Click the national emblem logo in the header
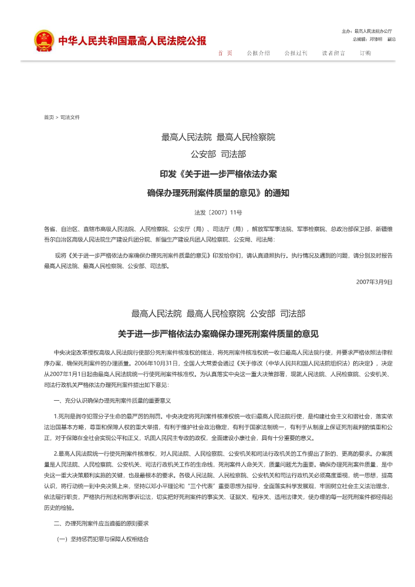click(x=43, y=41)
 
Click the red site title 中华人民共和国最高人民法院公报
click(x=132, y=41)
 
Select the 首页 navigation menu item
click(x=225, y=53)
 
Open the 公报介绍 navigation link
click(x=258, y=53)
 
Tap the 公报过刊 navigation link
click(x=296, y=53)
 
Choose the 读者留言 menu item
click(x=333, y=53)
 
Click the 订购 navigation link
click(x=365, y=53)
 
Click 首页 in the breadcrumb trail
click(x=49, y=118)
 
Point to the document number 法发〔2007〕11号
click(x=218, y=212)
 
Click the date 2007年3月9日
click(x=374, y=281)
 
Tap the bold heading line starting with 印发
click(x=218, y=175)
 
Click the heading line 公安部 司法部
click(x=218, y=155)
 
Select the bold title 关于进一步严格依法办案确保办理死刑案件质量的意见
click(x=218, y=334)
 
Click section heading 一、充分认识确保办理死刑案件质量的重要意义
click(x=112, y=400)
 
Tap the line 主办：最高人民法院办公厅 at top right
click(x=366, y=31)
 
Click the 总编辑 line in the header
click(x=374, y=39)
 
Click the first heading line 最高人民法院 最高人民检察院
click(x=218, y=137)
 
